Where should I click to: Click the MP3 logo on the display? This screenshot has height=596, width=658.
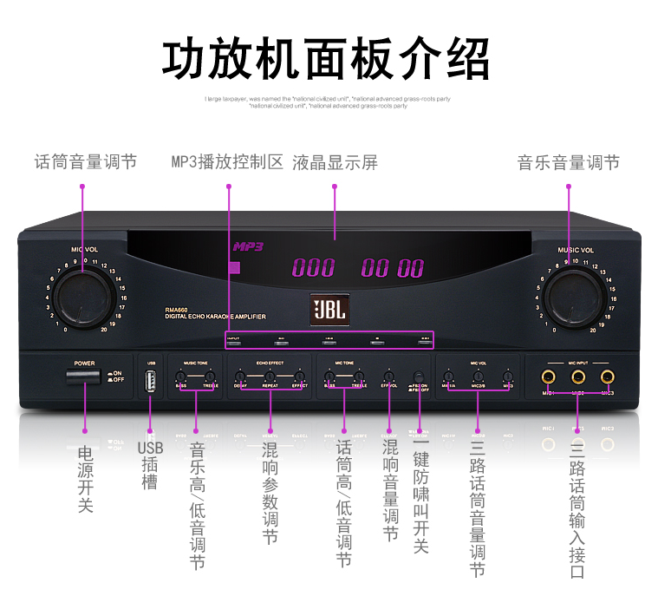pos(247,246)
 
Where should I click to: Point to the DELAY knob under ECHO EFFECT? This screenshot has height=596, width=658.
pos(239,377)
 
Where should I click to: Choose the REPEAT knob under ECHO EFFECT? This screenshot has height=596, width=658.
pos(270,377)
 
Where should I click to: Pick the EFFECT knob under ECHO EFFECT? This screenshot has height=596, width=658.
pos(300,377)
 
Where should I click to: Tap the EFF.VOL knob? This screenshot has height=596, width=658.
pos(388,377)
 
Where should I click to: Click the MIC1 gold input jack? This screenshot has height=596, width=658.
pos(548,377)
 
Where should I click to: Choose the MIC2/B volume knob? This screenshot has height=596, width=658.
pos(478,377)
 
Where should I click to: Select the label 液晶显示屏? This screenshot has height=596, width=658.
pos(335,162)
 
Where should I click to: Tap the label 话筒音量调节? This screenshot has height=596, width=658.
pos(85,162)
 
